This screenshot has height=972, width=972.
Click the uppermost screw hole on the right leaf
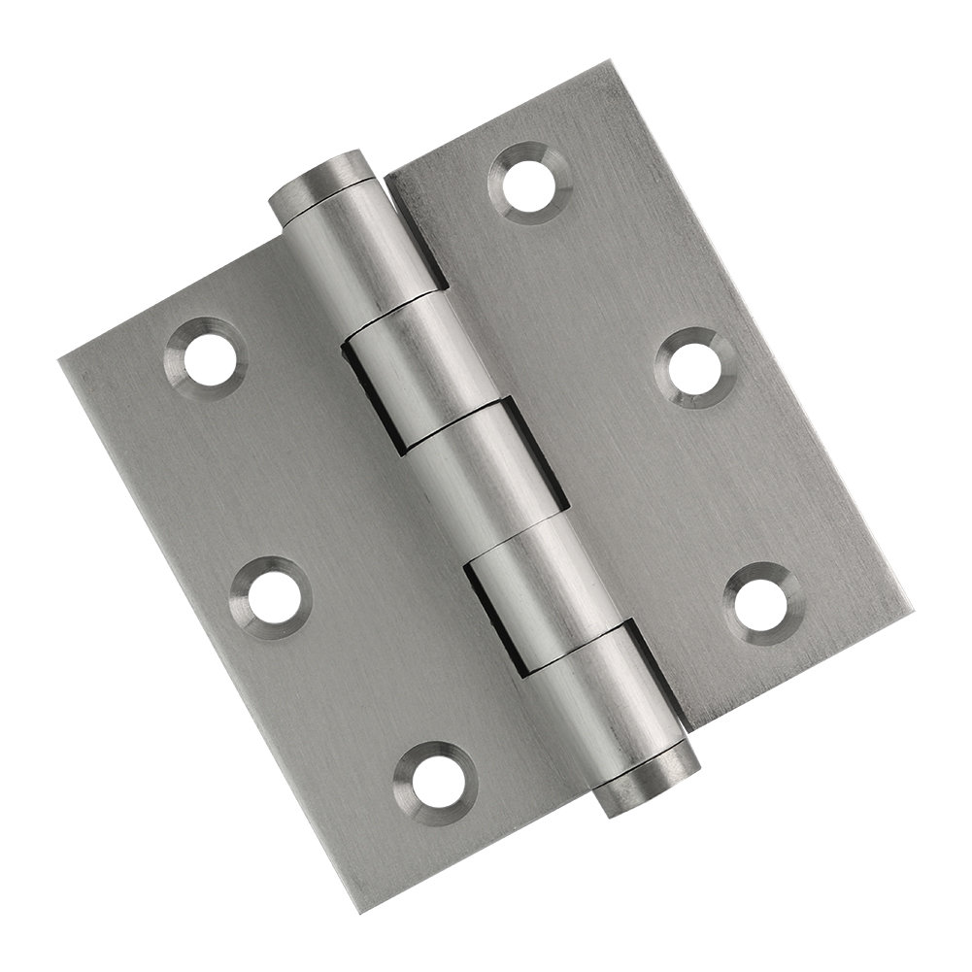[x=532, y=179]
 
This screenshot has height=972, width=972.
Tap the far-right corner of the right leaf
[x=911, y=608]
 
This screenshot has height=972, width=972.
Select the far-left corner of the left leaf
[x=60, y=360]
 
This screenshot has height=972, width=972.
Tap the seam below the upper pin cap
[x=331, y=200]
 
